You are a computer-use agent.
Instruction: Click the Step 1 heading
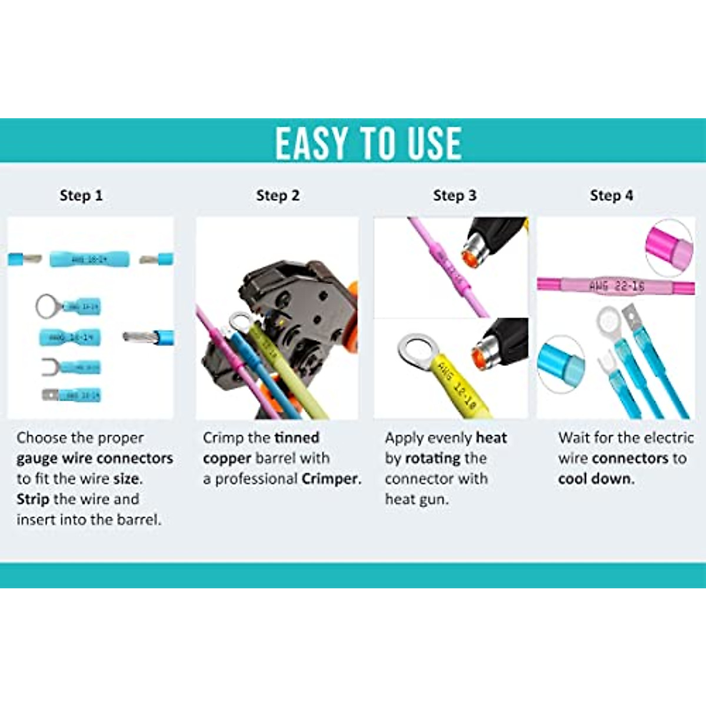click(x=81, y=195)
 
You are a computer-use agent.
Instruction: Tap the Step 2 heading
click(x=278, y=195)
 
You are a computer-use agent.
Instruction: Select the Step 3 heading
click(x=455, y=195)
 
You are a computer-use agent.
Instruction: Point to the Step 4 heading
click(x=611, y=195)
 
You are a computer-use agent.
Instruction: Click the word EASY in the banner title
click(x=311, y=144)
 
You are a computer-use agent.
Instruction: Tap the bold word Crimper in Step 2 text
click(x=331, y=479)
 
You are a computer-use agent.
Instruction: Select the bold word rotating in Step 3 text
click(x=433, y=458)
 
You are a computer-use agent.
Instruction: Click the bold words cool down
click(x=596, y=479)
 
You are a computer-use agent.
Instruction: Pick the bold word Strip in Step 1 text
click(x=33, y=499)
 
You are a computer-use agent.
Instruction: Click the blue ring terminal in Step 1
click(x=68, y=307)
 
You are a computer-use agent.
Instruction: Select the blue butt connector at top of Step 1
click(x=89, y=259)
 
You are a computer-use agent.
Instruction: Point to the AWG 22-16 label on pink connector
click(x=616, y=287)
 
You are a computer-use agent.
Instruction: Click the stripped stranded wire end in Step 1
click(x=139, y=337)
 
